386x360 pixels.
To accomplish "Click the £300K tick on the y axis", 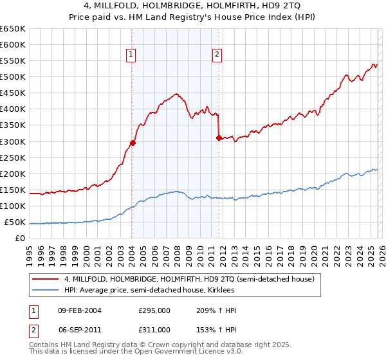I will (x=12, y=141).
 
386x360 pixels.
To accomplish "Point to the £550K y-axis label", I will (x=12, y=60).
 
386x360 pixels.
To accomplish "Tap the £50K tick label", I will (x=15, y=222).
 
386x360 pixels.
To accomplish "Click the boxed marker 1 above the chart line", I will (x=131, y=55).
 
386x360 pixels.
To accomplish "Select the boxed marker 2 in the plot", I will (x=217, y=55).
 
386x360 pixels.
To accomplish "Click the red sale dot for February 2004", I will (x=133, y=143).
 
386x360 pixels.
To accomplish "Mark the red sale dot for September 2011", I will (x=219, y=138).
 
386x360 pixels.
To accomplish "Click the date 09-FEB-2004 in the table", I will (x=80, y=310).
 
